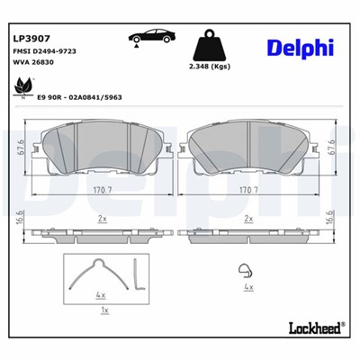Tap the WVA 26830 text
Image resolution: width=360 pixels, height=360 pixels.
pos(35,65)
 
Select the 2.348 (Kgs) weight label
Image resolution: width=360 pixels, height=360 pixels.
pos(211,68)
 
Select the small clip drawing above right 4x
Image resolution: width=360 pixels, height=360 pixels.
pos(243,267)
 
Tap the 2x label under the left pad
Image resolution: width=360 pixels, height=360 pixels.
pos(102,219)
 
